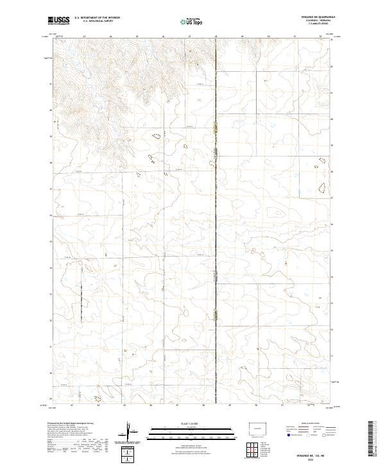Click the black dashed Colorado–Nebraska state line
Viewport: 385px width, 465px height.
(216, 224)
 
